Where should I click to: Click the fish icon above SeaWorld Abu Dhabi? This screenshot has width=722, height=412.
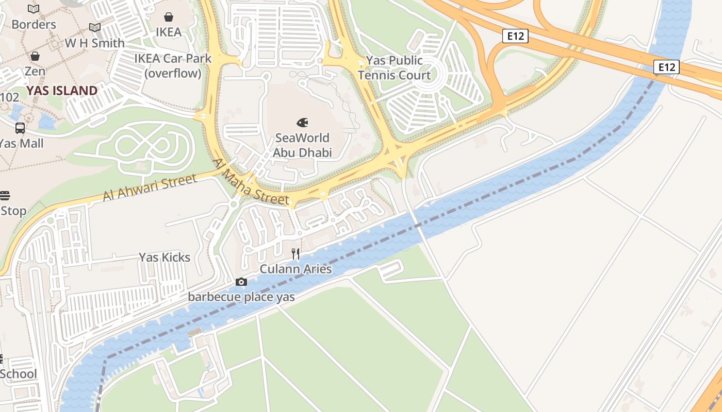coord(302,123)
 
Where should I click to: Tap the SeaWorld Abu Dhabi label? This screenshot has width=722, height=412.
coord(302,145)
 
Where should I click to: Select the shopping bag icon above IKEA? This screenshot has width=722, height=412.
coord(169,18)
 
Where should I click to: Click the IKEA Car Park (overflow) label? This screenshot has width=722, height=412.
coord(173,66)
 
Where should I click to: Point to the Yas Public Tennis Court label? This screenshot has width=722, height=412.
coord(395,68)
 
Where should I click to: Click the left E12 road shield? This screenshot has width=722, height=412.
coord(515,36)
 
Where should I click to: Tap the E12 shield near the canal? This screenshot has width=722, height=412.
coord(666,67)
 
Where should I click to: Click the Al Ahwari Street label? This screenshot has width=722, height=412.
coord(150,188)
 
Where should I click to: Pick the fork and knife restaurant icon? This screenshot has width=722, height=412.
coord(296,253)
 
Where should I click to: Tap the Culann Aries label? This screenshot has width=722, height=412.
coord(296,269)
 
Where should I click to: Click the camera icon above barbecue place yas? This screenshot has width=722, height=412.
coord(241,282)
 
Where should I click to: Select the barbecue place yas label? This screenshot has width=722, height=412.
coord(241,297)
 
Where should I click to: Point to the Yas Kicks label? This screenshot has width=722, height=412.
coord(165,257)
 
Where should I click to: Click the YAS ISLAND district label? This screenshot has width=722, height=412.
coord(62,91)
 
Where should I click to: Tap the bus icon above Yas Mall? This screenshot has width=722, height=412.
coord(20,128)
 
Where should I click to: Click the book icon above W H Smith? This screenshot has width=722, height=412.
coord(95,28)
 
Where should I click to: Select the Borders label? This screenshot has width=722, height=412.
coord(34,24)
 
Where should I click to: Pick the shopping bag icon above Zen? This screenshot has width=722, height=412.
coord(35,56)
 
